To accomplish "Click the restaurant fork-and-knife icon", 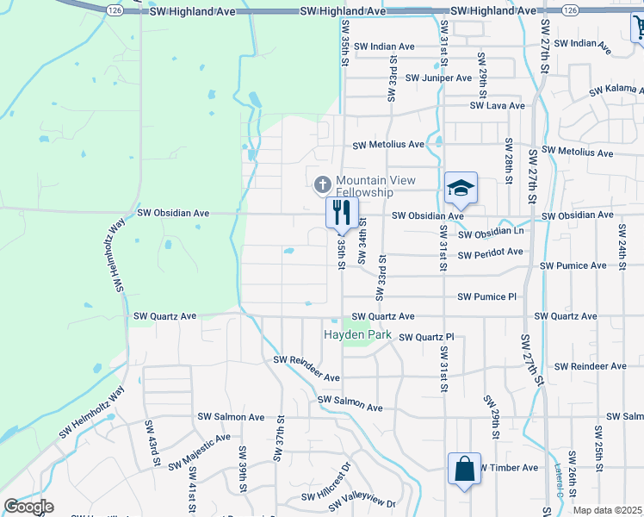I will click(342, 211).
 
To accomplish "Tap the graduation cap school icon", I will click(461, 188).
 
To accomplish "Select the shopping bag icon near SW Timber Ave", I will click(463, 470).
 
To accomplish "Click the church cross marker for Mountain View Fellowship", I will click(323, 184).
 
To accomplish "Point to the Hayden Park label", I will click(357, 334).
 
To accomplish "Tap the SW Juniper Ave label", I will click(438, 78).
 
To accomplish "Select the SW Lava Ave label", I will click(497, 106).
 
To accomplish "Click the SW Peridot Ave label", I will click(490, 252).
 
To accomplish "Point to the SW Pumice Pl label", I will click(486, 296).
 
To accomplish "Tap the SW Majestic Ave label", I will click(199, 451).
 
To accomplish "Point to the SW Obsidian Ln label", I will click(491, 234).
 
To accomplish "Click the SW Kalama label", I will click(615, 90).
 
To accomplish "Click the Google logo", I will click(28, 507).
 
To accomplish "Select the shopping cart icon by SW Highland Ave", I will click(638, 29).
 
